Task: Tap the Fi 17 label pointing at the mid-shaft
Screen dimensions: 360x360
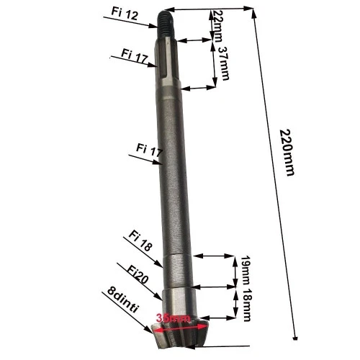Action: coord(150,149)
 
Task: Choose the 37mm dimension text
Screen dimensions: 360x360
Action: coord(224,63)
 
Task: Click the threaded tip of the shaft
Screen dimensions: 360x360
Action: coord(163,18)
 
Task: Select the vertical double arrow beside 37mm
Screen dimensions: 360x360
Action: coord(213,65)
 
